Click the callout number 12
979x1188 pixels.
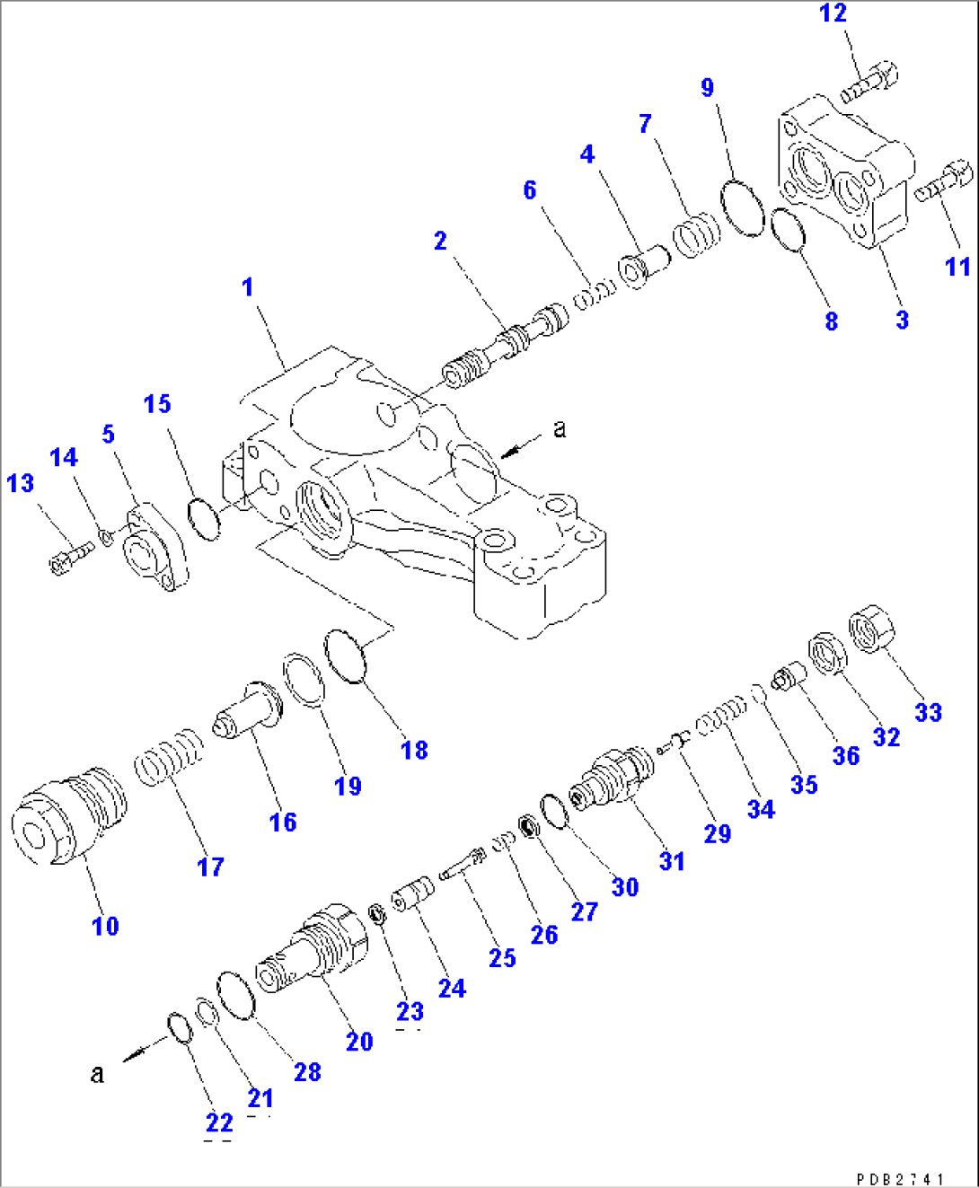(833, 13)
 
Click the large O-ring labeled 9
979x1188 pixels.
(743, 207)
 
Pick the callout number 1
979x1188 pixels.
(248, 287)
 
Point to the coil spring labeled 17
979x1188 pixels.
(169, 758)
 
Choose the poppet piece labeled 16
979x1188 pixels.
(246, 712)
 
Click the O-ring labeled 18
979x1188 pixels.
(346, 656)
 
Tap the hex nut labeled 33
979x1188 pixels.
(872, 629)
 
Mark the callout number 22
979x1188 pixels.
(218, 1122)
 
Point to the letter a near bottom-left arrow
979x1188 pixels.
(97, 1073)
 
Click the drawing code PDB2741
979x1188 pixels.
(899, 1179)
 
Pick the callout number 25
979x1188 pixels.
(502, 958)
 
